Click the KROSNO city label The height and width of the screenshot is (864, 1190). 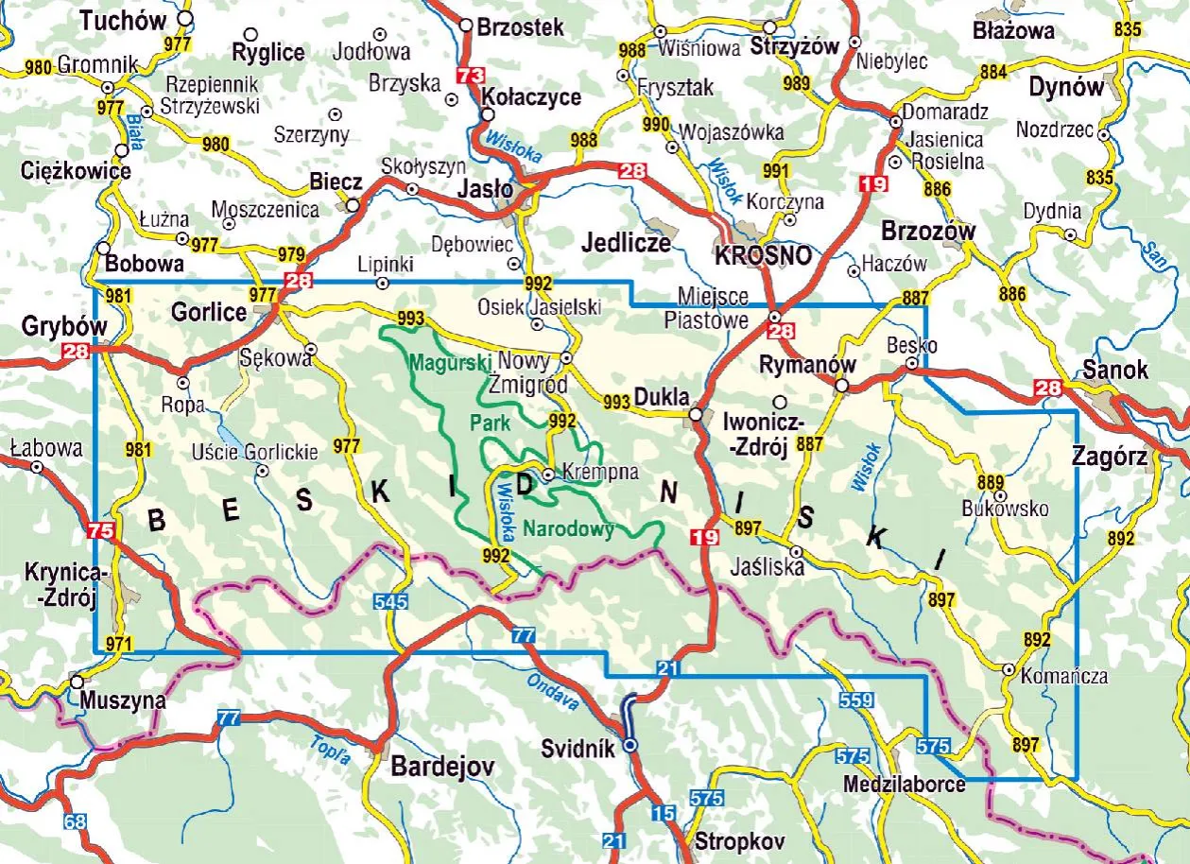pos(763,255)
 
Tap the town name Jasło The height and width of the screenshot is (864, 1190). pos(485,189)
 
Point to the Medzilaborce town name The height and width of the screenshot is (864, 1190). pos(905,785)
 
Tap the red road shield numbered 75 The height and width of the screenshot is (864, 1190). pos(98,531)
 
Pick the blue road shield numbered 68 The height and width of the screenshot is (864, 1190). pos(76,821)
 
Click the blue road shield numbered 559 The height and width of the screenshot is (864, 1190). pos(854,700)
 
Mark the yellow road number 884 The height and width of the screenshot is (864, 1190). pos(993,71)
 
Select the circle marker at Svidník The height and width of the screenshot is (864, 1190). pos(630,746)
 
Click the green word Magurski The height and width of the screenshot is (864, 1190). pos(451,361)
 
